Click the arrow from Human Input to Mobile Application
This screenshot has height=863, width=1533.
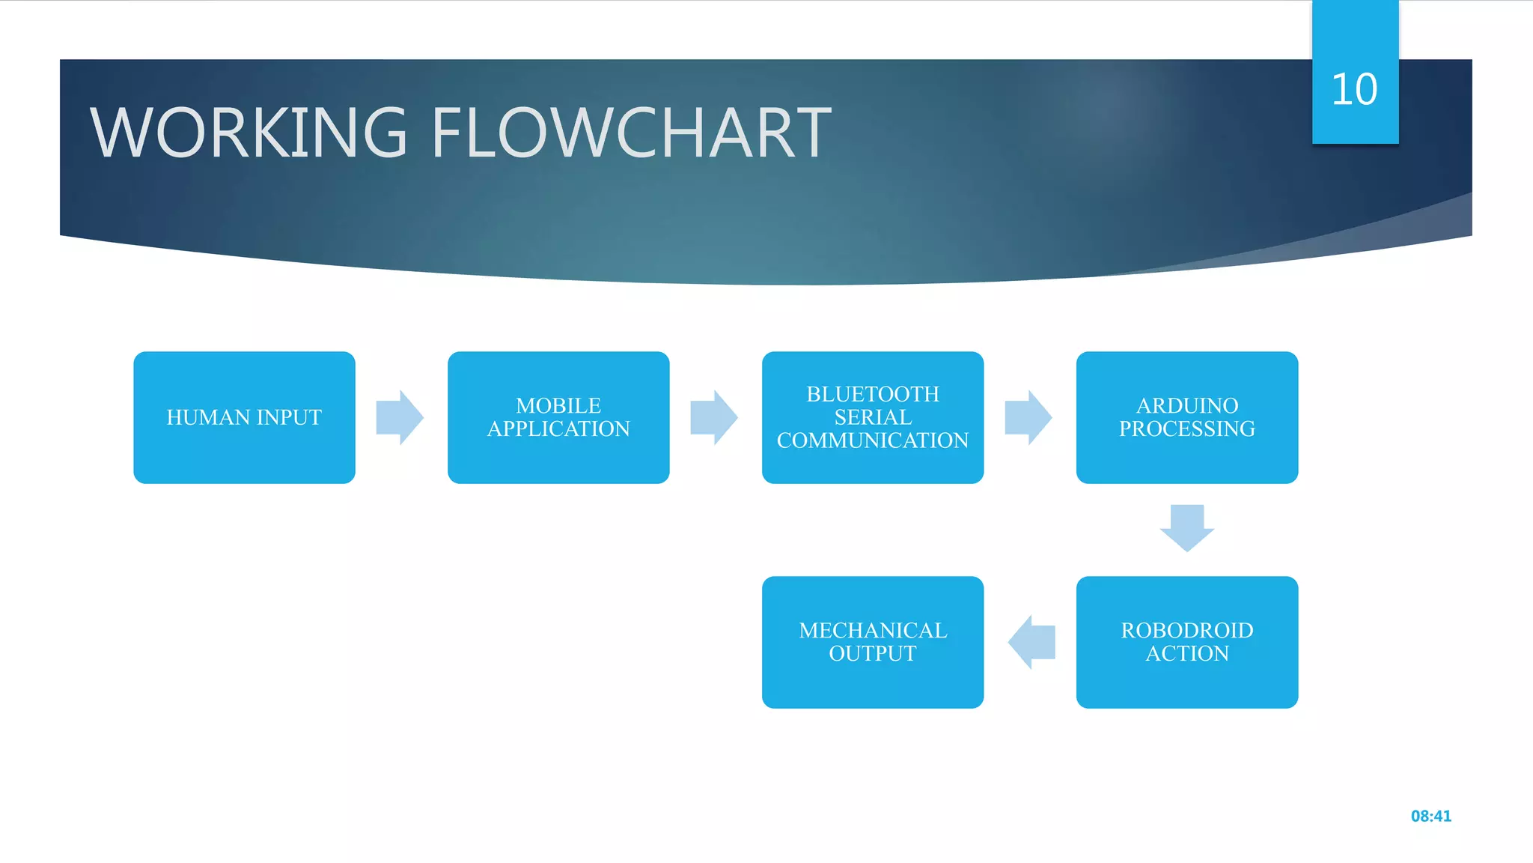400,417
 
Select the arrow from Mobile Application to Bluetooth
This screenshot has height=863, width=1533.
714,417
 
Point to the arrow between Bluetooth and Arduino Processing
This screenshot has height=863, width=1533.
1028,417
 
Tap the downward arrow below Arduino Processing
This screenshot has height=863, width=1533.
1187,528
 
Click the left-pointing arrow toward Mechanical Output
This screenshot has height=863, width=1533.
1031,642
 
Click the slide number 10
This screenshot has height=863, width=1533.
1355,90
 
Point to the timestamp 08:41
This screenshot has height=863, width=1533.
1430,816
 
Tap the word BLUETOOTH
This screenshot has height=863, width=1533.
873,394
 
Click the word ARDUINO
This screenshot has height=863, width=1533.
1187,405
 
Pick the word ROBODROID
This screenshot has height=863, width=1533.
1187,630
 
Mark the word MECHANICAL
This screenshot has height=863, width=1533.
873,630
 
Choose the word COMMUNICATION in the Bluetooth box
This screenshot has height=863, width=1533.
873,440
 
